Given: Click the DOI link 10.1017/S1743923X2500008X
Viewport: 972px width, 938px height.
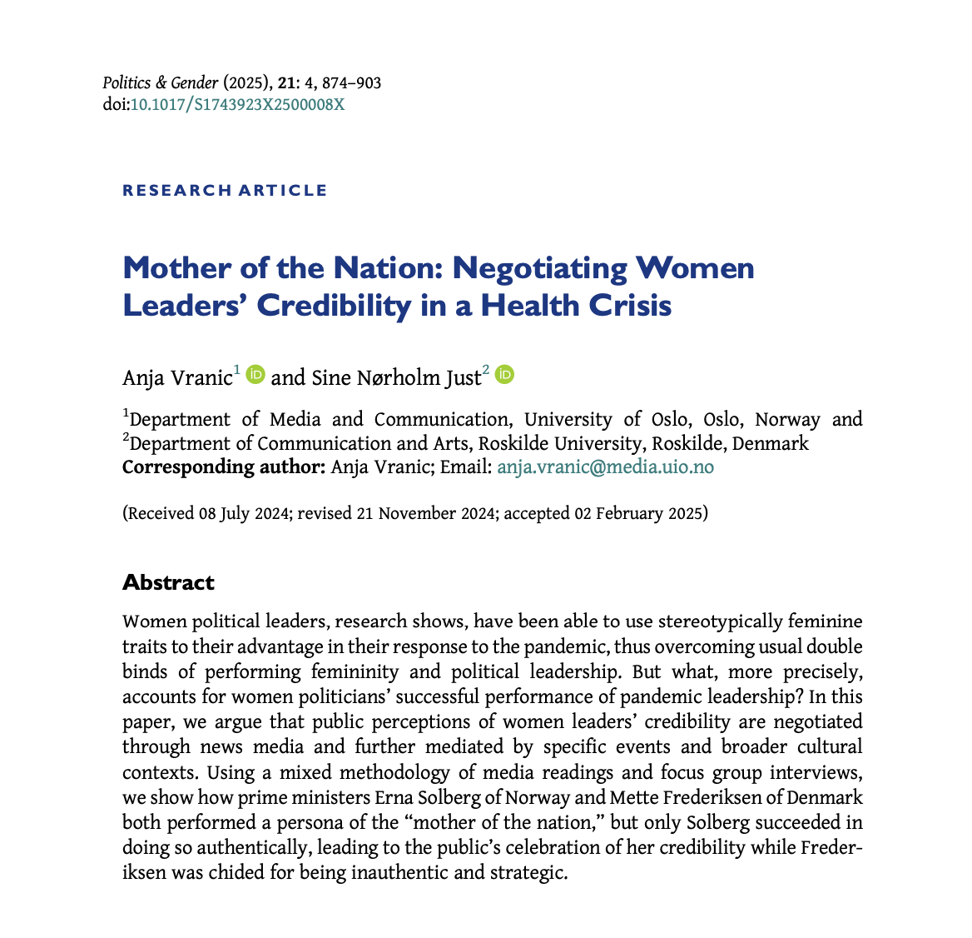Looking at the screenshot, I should tap(237, 105).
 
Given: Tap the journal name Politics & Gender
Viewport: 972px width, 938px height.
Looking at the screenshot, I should tap(161, 83).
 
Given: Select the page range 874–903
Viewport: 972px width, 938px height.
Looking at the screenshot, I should tap(349, 83).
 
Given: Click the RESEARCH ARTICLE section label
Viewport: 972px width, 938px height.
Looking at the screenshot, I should tap(225, 191).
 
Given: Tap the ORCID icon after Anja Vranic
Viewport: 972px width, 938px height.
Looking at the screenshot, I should tap(255, 375).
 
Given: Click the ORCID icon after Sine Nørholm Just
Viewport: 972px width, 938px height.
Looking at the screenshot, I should tap(504, 375).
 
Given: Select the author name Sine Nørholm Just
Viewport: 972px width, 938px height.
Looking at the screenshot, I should tap(396, 378).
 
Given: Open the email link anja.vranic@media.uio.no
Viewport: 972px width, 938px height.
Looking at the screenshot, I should tap(605, 467).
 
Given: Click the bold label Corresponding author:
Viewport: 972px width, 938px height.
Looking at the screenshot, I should tap(223, 467).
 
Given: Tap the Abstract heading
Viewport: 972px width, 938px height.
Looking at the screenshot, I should tap(168, 582).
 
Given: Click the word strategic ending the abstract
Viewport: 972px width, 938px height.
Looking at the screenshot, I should tap(526, 873).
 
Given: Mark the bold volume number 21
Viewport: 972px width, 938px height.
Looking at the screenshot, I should tap(285, 83).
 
